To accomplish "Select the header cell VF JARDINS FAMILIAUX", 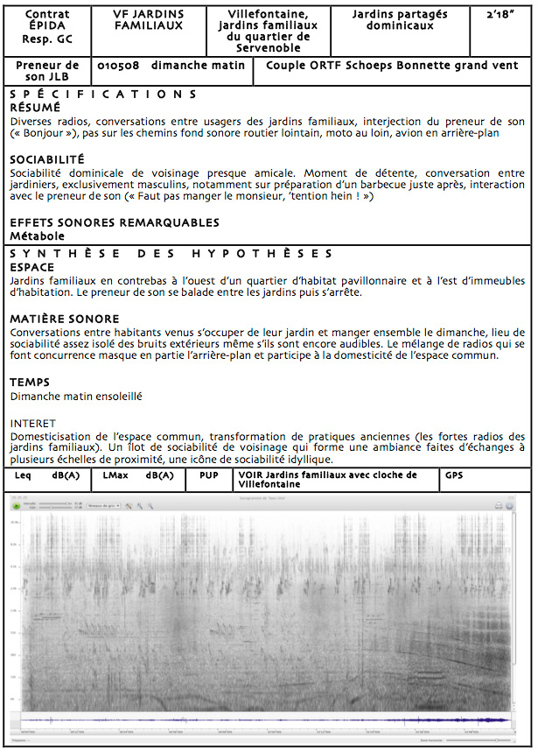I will point(149,20).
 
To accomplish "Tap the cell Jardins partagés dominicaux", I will point(400,20).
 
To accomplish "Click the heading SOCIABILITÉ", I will point(47,159).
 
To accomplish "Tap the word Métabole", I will point(38,235).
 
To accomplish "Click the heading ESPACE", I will point(31,267).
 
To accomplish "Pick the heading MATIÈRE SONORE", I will point(65,319).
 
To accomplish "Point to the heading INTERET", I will point(32,423).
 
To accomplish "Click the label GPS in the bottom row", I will point(454,475).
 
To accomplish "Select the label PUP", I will point(210,475).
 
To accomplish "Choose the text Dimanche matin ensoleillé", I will point(76,396).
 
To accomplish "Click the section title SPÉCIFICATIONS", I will point(103,95).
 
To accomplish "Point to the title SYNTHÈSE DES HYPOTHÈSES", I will point(171,254).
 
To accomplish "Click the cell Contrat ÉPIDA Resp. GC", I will point(47,26).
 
